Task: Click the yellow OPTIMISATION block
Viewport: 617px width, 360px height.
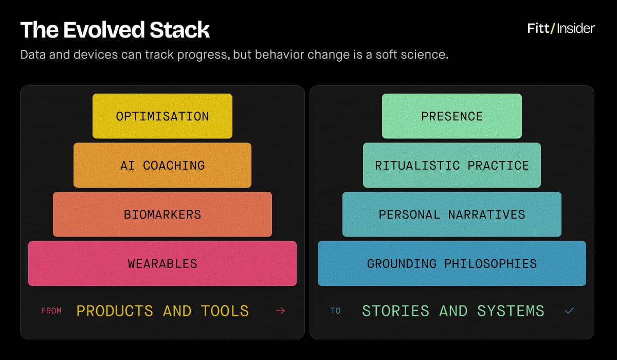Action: coord(162,116)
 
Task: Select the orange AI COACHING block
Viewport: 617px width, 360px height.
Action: coord(162,165)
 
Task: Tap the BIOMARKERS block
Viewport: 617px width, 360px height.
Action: coord(162,214)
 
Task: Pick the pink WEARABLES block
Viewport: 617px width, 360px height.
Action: coord(162,264)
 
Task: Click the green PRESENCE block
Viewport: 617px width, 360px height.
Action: coord(452,116)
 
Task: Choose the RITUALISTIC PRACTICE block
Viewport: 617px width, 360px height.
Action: coord(452,165)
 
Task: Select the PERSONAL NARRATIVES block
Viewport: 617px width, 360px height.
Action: coord(452,214)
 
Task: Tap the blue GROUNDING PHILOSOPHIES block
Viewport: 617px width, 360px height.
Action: coord(452,264)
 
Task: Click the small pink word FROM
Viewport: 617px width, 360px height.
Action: coord(51,311)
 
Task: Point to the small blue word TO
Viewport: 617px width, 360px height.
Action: coord(335,311)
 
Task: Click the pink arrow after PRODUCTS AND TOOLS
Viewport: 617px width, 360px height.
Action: coord(280,311)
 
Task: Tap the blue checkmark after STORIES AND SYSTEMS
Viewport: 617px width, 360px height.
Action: coord(569,311)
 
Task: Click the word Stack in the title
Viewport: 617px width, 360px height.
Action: coord(179,30)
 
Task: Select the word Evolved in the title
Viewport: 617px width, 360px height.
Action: coord(104,30)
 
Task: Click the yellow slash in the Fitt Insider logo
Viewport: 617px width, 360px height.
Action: coord(553,28)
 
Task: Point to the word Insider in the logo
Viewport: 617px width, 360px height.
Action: coord(576,28)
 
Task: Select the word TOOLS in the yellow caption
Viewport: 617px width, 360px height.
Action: coord(225,311)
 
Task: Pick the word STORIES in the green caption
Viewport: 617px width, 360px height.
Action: coord(395,311)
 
